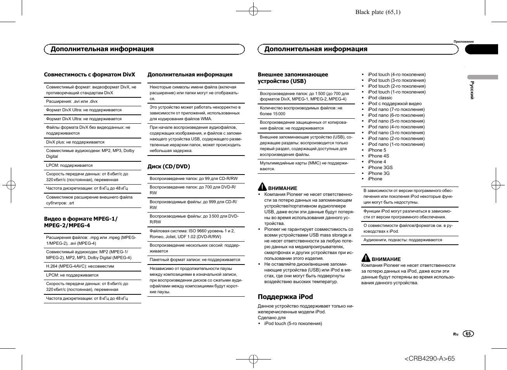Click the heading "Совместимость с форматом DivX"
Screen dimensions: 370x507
tap(90, 74)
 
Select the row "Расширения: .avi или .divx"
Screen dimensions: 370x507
tap(72, 102)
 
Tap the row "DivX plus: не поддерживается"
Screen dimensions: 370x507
tap(75, 142)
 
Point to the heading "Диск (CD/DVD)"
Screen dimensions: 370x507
tap(169, 166)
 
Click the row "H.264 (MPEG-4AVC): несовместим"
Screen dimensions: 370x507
tap(80, 266)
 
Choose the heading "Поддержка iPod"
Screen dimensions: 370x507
tap(285, 297)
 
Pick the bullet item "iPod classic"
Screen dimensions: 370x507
tap(380, 98)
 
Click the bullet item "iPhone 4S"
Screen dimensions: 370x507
tap(378, 156)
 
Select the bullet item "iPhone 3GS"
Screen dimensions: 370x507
tap(380, 168)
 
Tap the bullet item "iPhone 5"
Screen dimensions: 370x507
tap(377, 150)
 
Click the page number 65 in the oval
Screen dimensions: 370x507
tap(468, 334)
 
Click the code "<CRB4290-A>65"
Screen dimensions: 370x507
tap(429, 358)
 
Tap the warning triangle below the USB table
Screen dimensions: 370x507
tap(262, 187)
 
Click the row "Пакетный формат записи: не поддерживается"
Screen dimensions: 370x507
tap(195, 260)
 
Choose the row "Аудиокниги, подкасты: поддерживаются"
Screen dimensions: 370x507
tap(403, 240)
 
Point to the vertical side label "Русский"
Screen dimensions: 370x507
tap(472, 90)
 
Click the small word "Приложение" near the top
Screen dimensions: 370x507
tap(464, 41)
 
